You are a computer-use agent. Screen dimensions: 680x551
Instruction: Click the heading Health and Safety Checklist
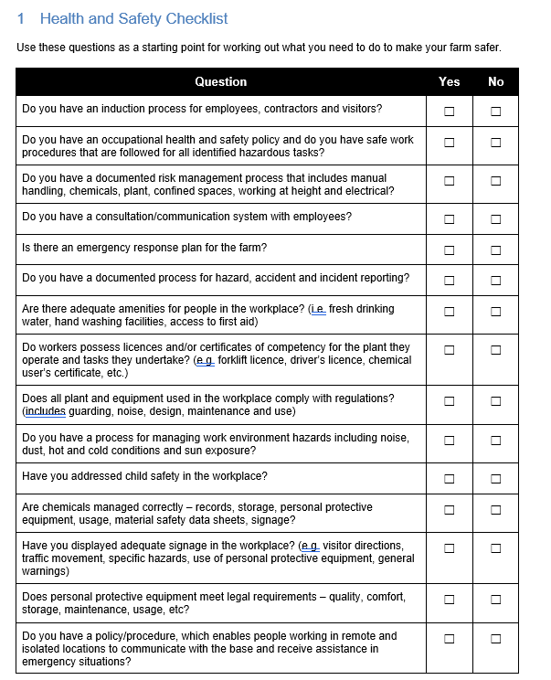point(133,18)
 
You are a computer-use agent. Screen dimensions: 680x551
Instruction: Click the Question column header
point(220,81)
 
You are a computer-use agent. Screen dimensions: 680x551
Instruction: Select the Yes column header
point(449,81)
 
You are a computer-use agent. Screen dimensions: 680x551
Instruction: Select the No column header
point(495,81)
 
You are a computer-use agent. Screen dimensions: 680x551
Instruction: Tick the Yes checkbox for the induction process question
point(449,112)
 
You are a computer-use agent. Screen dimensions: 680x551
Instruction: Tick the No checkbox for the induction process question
point(495,112)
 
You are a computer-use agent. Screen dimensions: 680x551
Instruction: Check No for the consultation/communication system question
point(495,219)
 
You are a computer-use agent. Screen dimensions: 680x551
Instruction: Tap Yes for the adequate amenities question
point(449,312)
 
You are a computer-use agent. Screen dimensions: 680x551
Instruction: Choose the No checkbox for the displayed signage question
point(495,548)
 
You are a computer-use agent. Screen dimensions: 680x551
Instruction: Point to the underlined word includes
point(45,411)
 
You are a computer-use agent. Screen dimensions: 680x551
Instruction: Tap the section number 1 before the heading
point(21,18)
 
